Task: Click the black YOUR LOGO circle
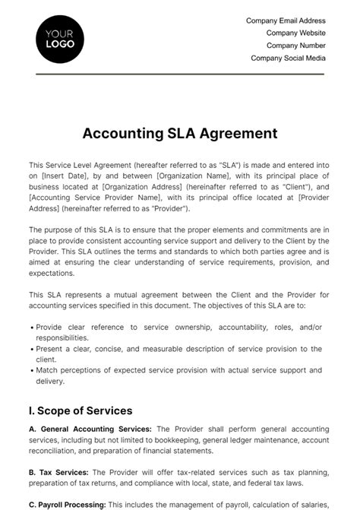[60, 38]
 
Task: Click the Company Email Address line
[286, 21]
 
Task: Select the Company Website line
[295, 33]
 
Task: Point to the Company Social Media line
[288, 58]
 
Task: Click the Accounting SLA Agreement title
[180, 134]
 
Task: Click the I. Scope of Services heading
[81, 410]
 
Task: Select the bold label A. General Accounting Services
[90, 429]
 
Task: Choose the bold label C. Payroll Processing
[68, 505]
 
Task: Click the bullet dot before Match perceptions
[31, 371]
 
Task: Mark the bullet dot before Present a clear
[31, 349]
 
